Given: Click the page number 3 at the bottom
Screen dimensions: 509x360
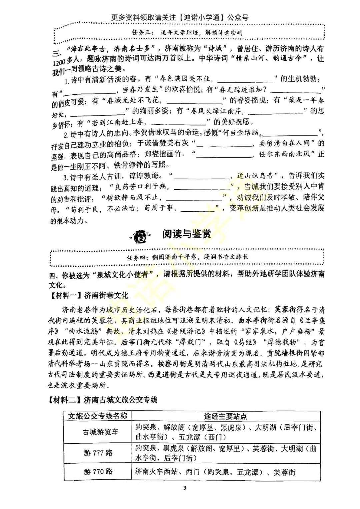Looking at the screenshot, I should point(185,488).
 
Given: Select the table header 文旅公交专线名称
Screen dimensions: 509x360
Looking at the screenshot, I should point(98,416).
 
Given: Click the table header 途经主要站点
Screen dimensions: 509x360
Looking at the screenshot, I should point(226,416).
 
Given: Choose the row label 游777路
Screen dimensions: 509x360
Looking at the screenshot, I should point(98,453).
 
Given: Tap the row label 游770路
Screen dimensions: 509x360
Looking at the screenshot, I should point(98,471).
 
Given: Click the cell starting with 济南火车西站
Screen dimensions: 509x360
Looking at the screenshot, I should point(215,472).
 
